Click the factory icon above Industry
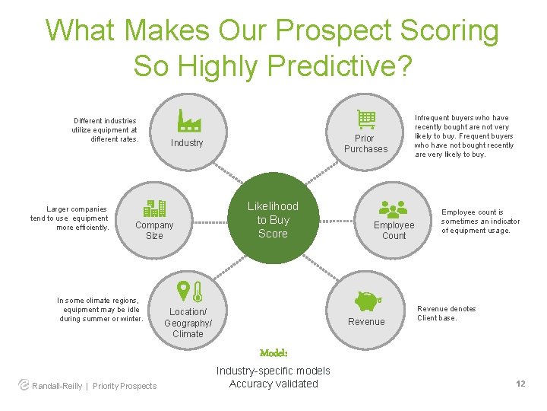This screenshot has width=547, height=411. (188, 120)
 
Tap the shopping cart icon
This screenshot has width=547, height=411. (366, 119)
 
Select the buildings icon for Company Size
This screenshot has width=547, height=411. (155, 208)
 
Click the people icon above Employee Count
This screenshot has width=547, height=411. (393, 208)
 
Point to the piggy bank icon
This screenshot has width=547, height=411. (367, 301)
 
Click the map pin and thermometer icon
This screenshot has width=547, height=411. (188, 292)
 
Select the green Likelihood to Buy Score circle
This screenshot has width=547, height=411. (273, 221)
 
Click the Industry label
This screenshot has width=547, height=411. (187, 143)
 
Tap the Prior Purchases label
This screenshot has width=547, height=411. (365, 144)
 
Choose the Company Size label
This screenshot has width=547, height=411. (154, 230)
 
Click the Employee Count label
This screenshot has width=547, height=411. (394, 230)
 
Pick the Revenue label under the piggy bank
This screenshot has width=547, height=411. (366, 322)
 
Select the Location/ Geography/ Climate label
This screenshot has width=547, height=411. (188, 323)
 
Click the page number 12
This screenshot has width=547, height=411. (520, 384)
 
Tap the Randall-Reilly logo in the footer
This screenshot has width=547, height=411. (24, 385)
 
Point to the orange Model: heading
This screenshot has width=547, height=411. (273, 354)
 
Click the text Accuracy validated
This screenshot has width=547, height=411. (273, 384)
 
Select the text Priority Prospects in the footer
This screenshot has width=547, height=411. (125, 386)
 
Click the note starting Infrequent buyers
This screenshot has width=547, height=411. (463, 136)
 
